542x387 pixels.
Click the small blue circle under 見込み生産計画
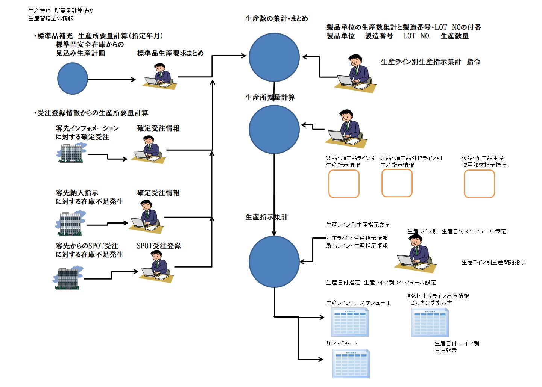73,79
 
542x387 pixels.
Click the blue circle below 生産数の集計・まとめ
274,57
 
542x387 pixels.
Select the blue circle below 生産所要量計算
274,129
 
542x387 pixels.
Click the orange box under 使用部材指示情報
479,184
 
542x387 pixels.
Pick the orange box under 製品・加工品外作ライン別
397,183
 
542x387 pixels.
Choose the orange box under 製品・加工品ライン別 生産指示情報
344,184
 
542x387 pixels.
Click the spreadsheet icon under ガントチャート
351,363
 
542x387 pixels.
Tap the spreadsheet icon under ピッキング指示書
430,322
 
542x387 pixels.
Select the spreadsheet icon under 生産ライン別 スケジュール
350,322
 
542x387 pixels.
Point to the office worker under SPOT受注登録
156,266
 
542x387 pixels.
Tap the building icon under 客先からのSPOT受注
68,278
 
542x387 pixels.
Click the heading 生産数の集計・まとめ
276,18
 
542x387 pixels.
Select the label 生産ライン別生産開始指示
493,262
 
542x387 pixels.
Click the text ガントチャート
342,343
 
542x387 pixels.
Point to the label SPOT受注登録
159,246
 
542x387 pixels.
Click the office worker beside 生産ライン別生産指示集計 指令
355,74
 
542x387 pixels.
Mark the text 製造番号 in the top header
379,36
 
